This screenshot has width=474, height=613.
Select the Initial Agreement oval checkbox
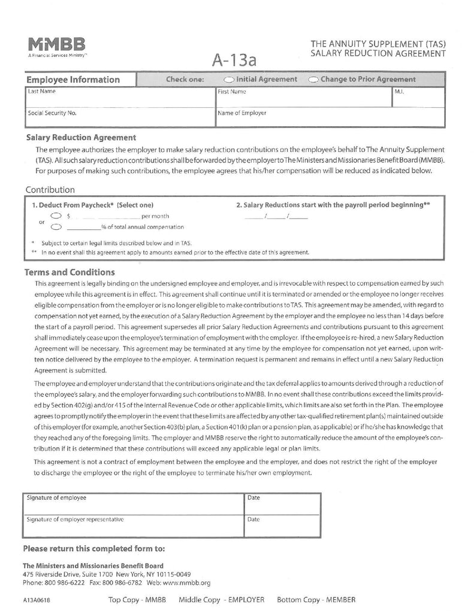point(229,80)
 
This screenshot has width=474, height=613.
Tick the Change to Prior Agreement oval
point(313,80)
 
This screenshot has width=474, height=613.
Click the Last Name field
point(120,98)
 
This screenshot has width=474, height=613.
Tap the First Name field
point(303,98)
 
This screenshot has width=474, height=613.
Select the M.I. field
point(418,98)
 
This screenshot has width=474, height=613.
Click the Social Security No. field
point(120,117)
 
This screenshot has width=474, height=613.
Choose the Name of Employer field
point(330,117)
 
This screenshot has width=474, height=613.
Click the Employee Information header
point(73,80)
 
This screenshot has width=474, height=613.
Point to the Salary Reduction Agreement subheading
point(80,138)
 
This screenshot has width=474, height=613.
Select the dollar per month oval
point(56,216)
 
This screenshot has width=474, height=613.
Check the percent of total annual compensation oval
point(56,227)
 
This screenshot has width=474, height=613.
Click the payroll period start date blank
point(276,217)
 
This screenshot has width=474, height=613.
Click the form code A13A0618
point(38,600)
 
